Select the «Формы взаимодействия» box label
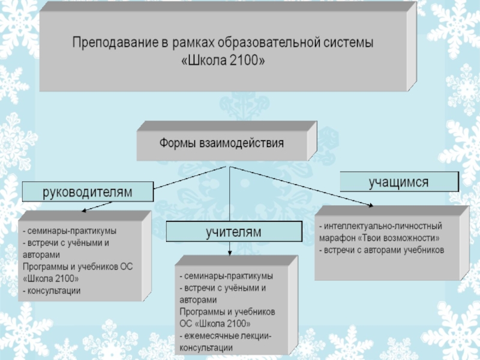click(221, 144)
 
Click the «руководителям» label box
click(88, 192)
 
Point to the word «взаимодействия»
click(245, 144)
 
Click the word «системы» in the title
click(350, 44)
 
